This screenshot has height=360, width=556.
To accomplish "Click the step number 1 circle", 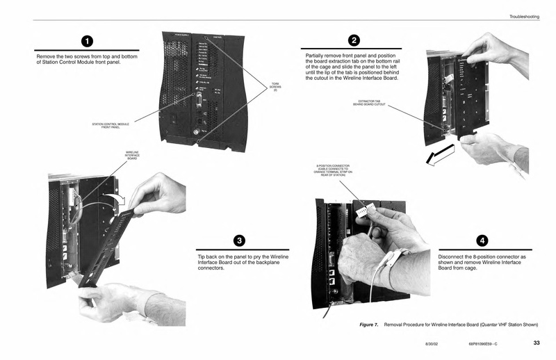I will pyautogui.click(x=88, y=40).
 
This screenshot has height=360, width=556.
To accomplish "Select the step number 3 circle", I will pyautogui.click(x=238, y=240).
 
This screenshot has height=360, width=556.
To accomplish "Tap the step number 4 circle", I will pyautogui.click(x=482, y=240).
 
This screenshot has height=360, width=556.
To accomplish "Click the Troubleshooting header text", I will pyautogui.click(x=524, y=16).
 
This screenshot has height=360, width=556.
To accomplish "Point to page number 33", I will pyautogui.click(x=536, y=342).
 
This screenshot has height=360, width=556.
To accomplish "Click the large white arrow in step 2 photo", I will pyautogui.click(x=440, y=154).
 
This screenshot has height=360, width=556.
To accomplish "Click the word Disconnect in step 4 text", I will pyautogui.click(x=452, y=256).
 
